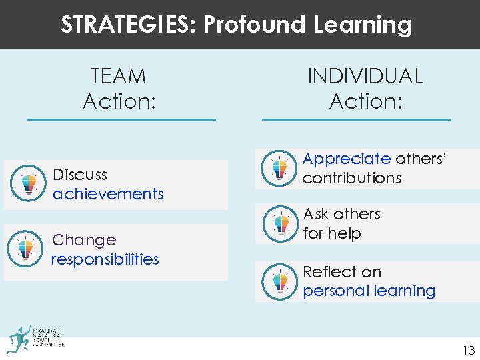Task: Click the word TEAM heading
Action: (119, 76)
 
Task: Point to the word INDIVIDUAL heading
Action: (365, 76)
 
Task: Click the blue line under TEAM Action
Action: (121, 119)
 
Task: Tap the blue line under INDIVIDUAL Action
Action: (356, 119)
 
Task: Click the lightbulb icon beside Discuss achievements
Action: (27, 182)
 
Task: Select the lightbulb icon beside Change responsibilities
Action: (26, 248)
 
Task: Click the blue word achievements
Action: (108, 194)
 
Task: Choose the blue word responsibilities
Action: (105, 259)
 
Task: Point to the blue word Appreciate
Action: (347, 159)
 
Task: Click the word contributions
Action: (352, 178)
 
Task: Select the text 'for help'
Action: (332, 233)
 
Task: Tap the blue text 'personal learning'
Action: (369, 291)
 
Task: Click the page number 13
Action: (469, 351)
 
